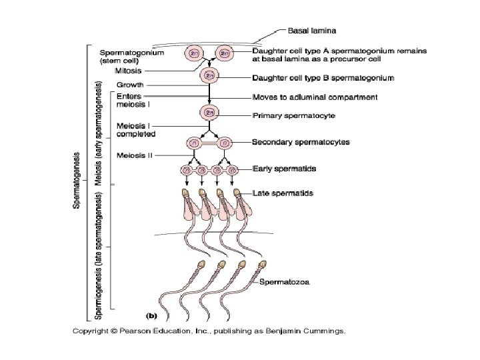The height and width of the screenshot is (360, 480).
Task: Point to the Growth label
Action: pos(129,85)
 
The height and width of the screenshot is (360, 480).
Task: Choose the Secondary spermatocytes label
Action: pos(301,142)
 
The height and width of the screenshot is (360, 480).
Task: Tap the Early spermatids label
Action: pos(284,169)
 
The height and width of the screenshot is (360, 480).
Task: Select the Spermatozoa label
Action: pos(283,281)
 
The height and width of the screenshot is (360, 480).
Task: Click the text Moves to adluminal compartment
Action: pos(315,97)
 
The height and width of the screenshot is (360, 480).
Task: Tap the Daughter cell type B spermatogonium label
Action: pos(323,78)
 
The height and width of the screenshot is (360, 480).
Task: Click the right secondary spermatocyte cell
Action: pos(225,143)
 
